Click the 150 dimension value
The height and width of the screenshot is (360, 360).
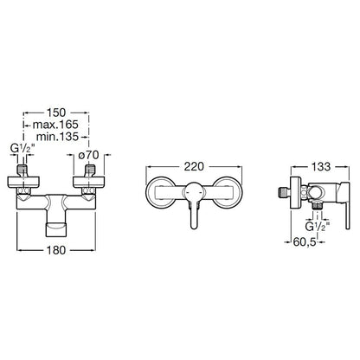(x=56, y=112)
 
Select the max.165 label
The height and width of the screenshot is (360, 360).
(x=55, y=125)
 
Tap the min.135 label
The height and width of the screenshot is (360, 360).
(x=57, y=137)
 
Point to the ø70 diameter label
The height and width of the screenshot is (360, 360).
(x=89, y=155)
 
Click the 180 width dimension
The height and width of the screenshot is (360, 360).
(x=56, y=250)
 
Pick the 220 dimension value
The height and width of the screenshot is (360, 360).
(x=194, y=166)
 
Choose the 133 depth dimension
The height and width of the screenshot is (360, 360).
(x=321, y=166)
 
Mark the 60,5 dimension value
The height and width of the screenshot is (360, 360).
(x=305, y=242)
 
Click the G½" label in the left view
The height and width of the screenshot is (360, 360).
(x=22, y=149)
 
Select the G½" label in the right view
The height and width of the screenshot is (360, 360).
(x=318, y=226)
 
